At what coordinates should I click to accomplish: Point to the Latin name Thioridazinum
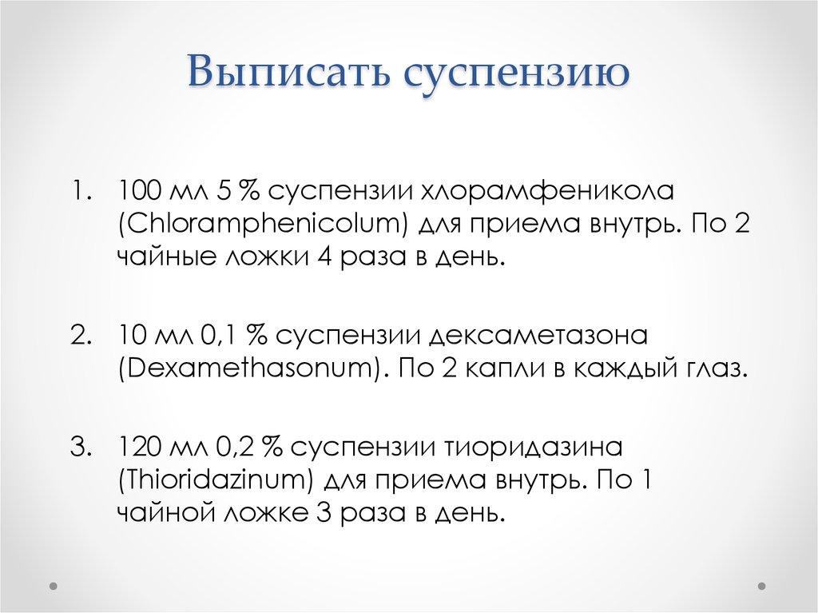click(216, 480)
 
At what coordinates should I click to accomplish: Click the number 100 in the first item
click(139, 192)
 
